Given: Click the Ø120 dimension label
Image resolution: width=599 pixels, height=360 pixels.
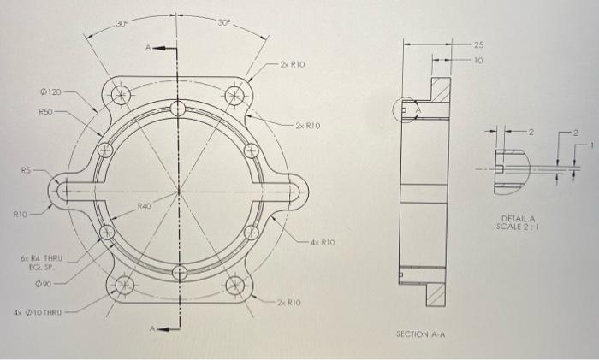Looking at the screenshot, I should pos(50,91).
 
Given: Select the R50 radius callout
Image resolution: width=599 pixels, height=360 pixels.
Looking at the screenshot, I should pos(46,111).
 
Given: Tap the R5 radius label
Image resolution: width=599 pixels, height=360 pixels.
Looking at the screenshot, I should pos(28,170).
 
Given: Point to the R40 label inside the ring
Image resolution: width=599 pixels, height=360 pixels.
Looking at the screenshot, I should pos(146,206).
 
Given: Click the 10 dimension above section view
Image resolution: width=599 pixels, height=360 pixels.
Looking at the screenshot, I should pos(478,60).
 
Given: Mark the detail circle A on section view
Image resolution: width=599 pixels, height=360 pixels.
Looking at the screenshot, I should pos(407,110).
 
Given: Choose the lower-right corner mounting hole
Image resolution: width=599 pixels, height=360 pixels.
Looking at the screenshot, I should pos(235,285).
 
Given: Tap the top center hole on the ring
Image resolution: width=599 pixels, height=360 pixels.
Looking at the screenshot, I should pos(178,108).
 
